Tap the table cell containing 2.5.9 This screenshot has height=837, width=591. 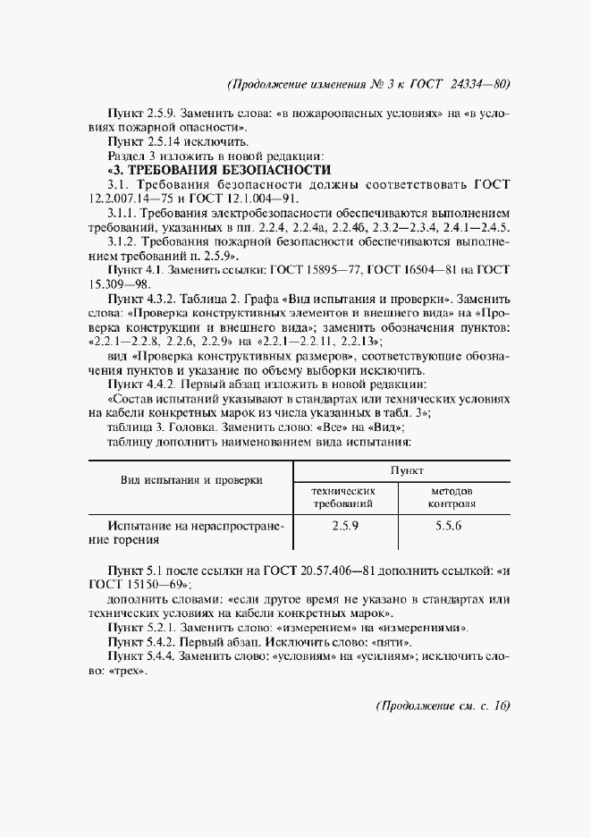[344, 528]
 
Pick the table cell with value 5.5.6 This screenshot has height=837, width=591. [448, 528]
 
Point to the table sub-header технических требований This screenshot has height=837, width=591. [344, 498]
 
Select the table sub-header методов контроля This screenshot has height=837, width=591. [452, 498]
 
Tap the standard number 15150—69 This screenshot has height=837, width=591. [151, 585]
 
